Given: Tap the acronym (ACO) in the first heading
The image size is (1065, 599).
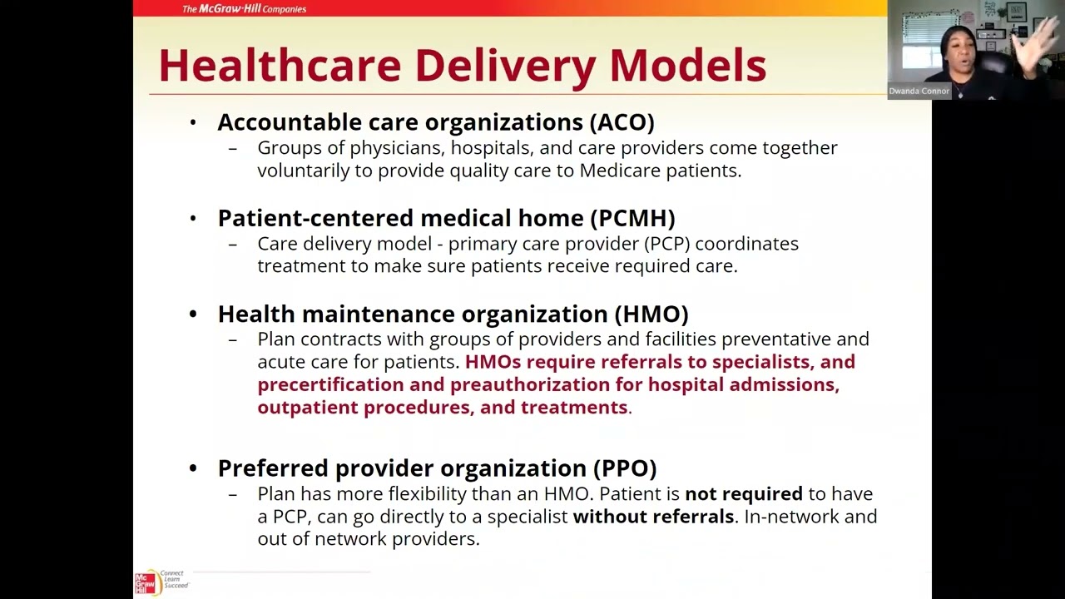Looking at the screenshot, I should point(622,122).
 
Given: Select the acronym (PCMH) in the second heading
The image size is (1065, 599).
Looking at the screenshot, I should point(632,218).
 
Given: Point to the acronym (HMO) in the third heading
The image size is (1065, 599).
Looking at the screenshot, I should point(651,314).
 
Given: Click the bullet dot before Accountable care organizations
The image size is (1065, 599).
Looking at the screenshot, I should point(193,123).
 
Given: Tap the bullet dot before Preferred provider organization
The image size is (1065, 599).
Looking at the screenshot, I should point(193,468).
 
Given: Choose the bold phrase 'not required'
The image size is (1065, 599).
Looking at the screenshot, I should point(743,493).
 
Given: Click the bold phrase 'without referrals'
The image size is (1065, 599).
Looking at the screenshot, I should point(653,516).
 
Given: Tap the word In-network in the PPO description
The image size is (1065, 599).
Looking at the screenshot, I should point(794,516).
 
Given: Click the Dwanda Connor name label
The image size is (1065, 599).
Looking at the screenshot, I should point(919,91).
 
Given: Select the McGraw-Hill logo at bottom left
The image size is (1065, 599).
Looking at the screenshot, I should point(146,582).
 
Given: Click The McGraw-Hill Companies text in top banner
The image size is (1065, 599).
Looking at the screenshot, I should point(244,9).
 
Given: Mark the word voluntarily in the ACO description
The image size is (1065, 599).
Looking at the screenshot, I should point(315,171).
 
